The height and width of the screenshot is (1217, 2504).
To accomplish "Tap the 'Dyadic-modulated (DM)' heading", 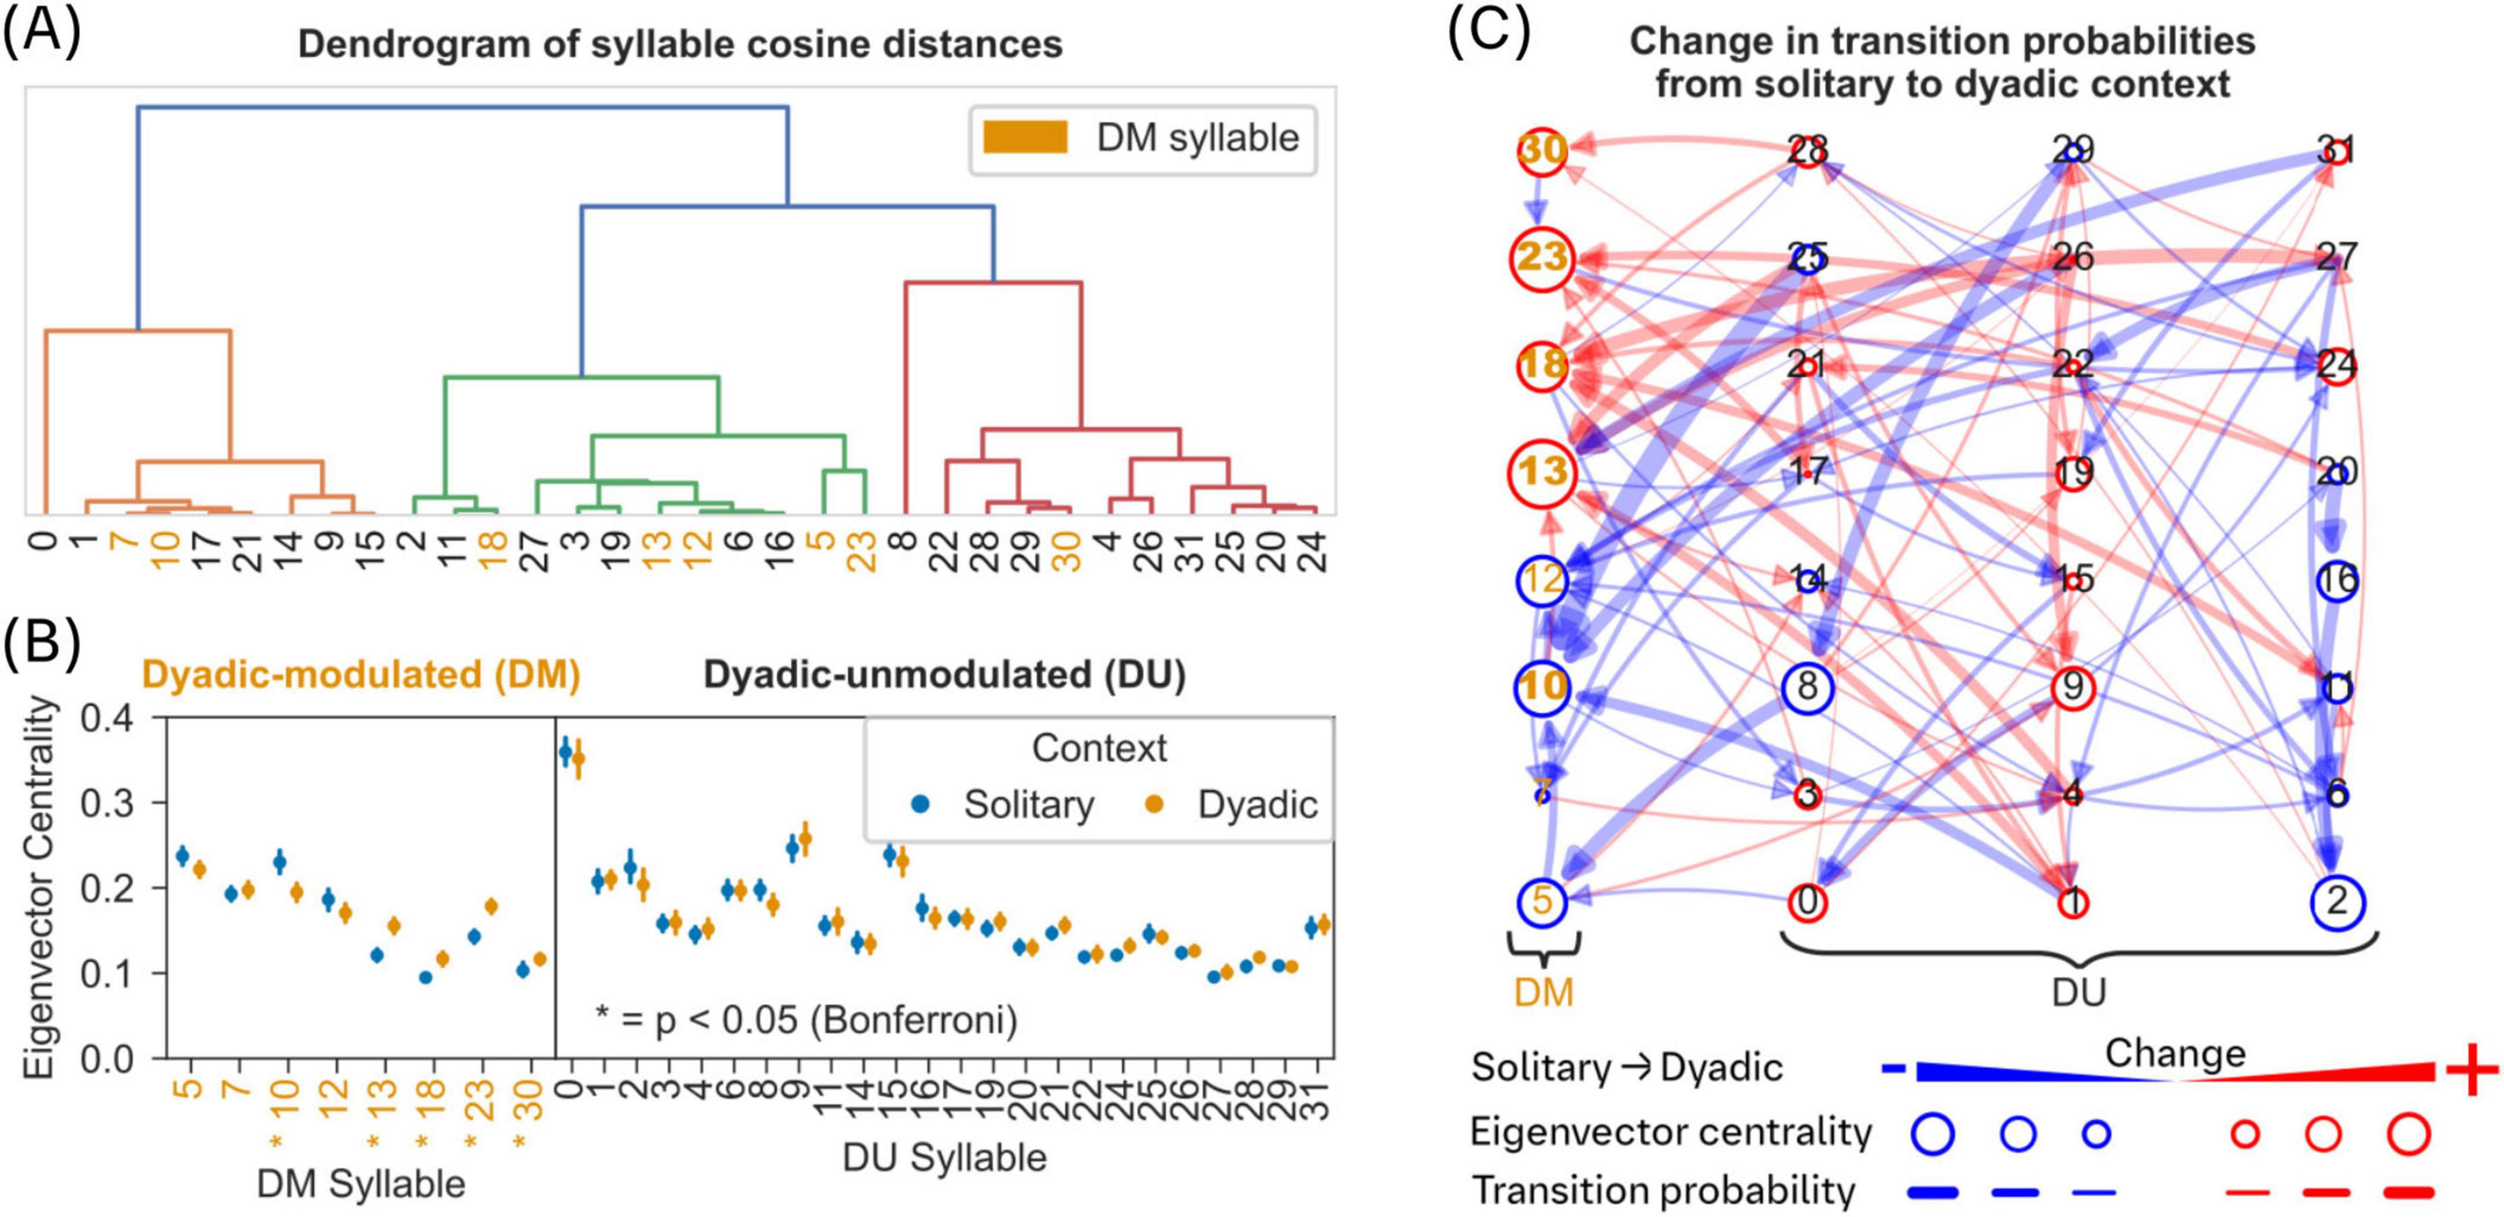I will click(x=361, y=674).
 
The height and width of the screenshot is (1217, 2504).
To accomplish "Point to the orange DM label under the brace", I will click(x=1543, y=993).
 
